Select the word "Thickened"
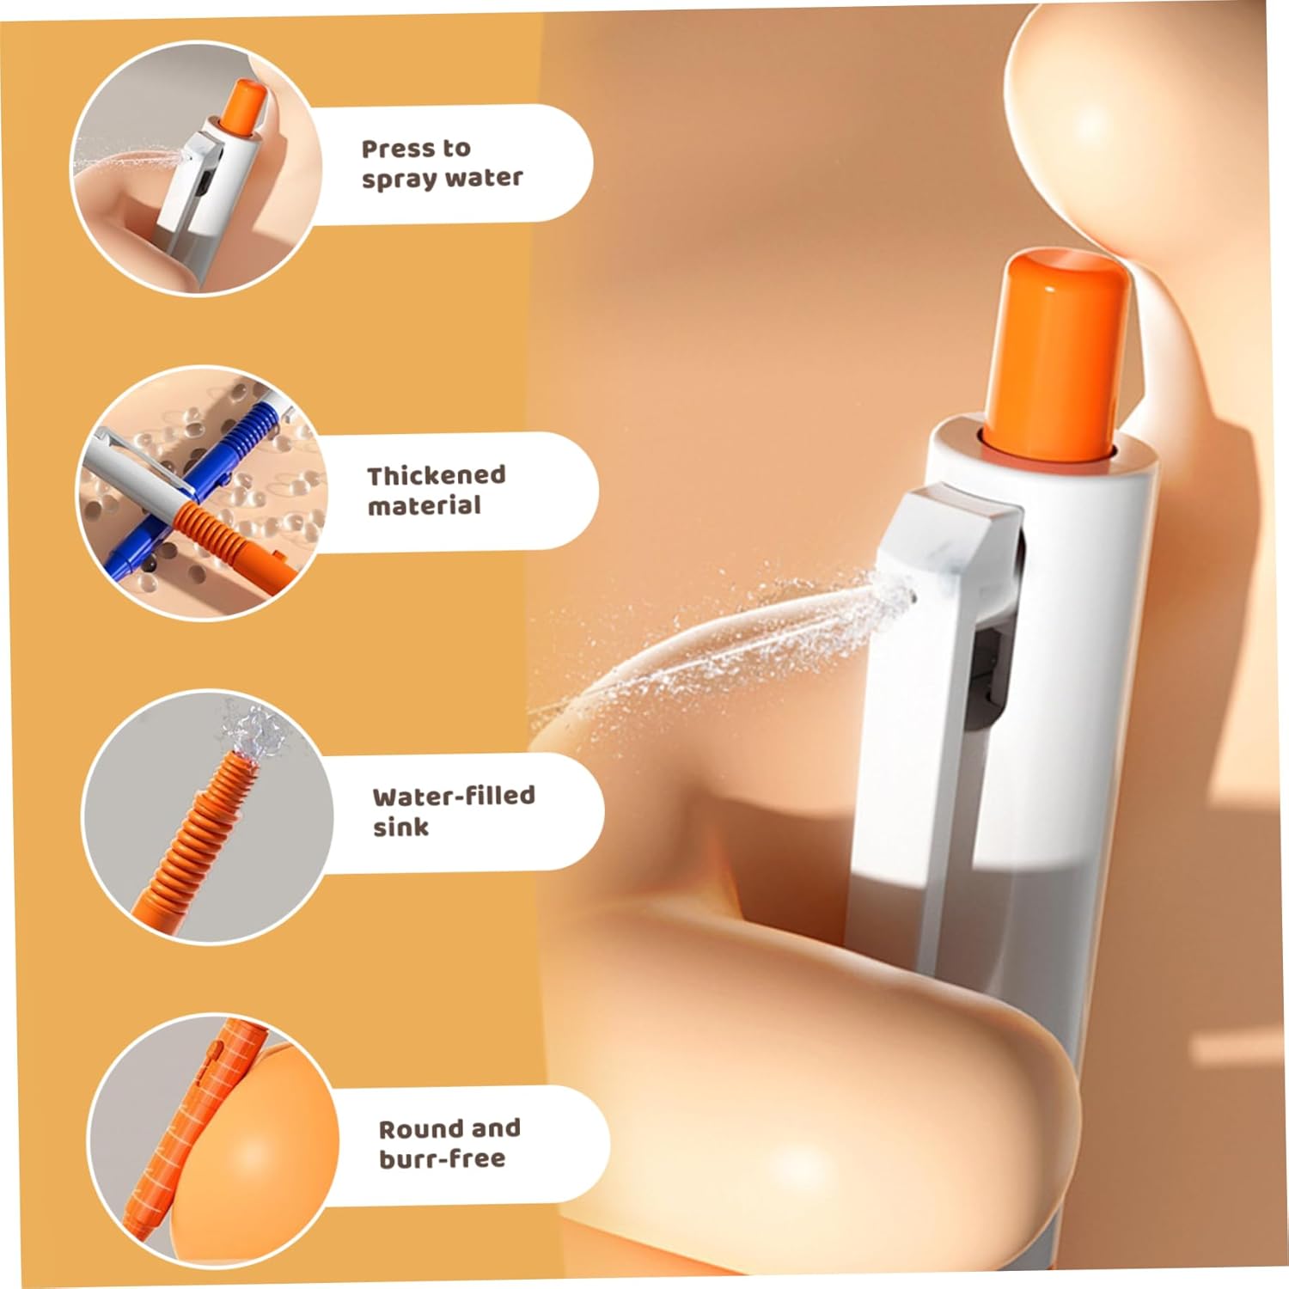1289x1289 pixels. tap(437, 475)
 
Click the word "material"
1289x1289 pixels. tap(424, 505)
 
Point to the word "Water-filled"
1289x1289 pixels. tap(454, 796)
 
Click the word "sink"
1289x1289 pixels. tap(400, 827)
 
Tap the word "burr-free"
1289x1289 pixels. tap(442, 1158)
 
